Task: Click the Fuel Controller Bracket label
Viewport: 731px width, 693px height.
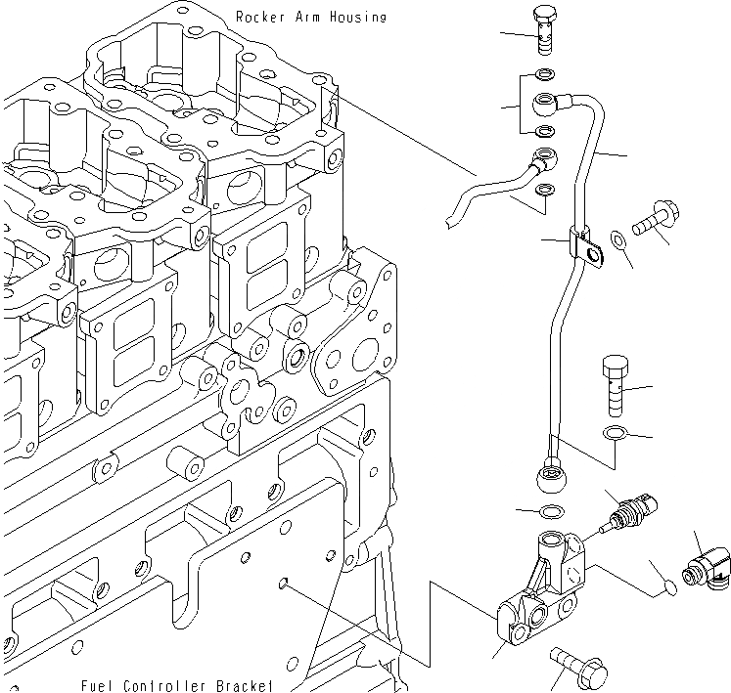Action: [x=177, y=684]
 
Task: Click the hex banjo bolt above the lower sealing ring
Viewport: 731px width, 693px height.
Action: [x=615, y=384]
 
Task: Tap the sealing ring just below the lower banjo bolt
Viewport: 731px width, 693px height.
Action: [x=615, y=433]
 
